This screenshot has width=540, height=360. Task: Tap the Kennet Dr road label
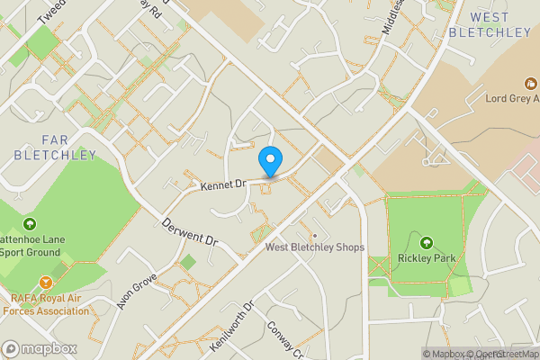[x=224, y=184]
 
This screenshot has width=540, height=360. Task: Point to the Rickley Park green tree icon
[x=427, y=242]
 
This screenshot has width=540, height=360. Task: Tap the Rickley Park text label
[x=427, y=258]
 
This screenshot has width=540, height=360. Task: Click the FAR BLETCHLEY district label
[x=55, y=148]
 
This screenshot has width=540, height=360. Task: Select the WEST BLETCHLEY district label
[x=490, y=24]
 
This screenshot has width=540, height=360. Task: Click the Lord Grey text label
[x=510, y=99]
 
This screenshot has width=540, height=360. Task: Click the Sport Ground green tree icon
[x=30, y=224]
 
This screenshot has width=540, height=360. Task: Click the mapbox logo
[x=40, y=348]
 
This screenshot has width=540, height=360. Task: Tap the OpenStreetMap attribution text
[x=499, y=354]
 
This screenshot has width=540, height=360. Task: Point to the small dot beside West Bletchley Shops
[x=315, y=236]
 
